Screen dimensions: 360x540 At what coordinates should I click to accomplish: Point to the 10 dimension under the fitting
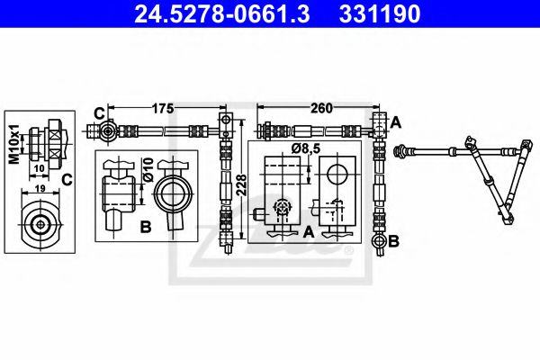[x=39, y=168]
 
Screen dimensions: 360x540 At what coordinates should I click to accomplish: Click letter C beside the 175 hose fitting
[x=98, y=113]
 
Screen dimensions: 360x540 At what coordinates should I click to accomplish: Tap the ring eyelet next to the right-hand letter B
[x=378, y=241]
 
